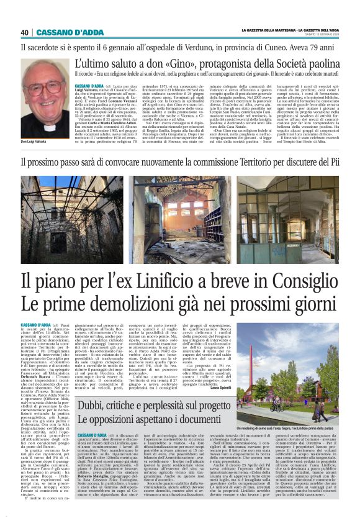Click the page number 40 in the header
(x=25, y=32)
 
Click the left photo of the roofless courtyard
(x=74, y=211)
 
